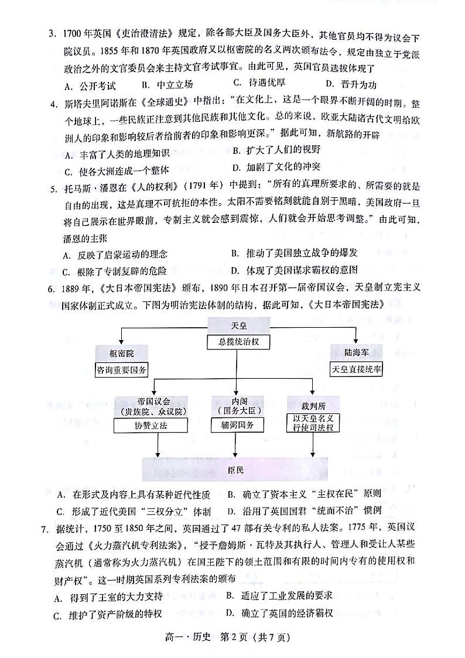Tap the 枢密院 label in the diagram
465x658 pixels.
(122, 354)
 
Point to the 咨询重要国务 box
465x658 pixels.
(122, 369)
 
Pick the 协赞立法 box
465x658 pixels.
(153, 426)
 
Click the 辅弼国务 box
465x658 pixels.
(234, 426)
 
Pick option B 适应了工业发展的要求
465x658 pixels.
(279, 596)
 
